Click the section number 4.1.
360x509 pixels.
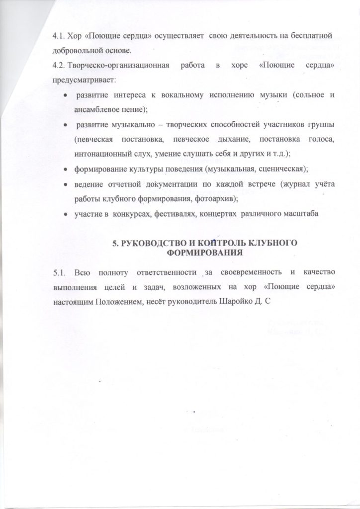point(60,37)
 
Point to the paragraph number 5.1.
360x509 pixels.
point(60,272)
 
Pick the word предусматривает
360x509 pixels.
point(83,80)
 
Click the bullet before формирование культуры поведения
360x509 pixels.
point(65,169)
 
